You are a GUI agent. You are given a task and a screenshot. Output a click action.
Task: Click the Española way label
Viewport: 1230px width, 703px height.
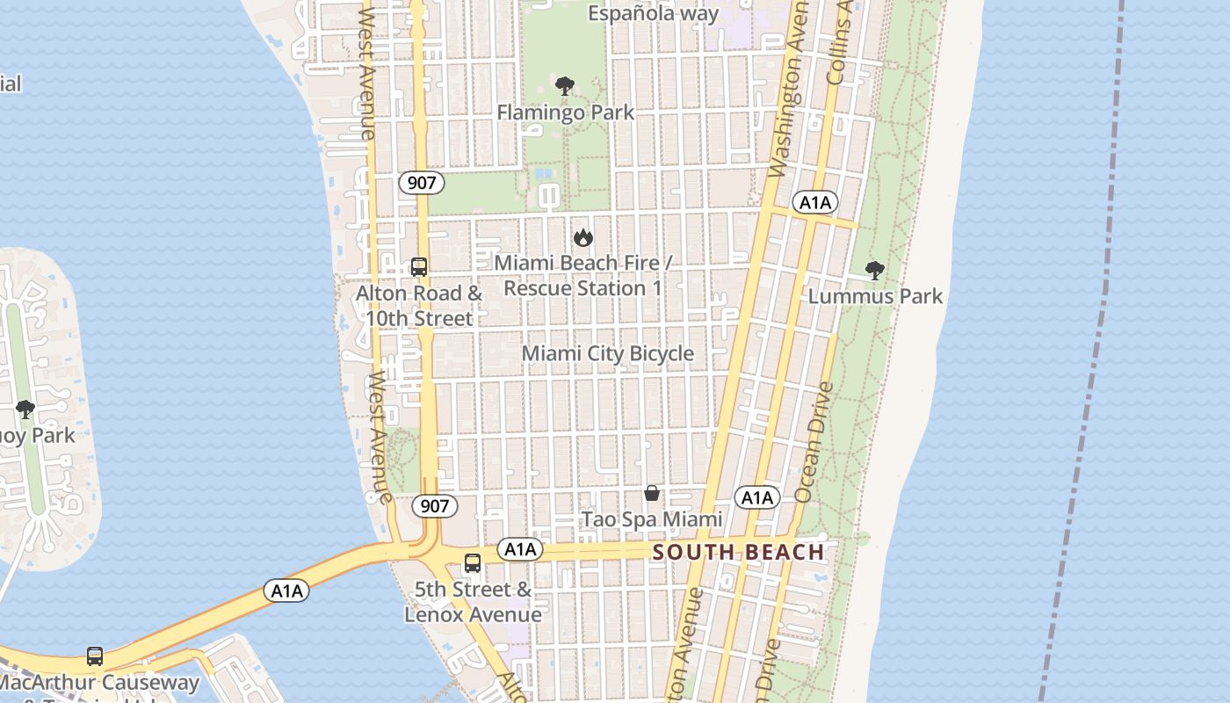653,13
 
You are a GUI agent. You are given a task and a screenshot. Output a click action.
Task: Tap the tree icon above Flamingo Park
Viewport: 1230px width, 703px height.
565,86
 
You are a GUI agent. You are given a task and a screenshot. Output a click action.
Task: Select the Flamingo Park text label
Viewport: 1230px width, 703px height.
565,112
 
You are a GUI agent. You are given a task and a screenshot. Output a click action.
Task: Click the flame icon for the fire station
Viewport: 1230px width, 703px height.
582,237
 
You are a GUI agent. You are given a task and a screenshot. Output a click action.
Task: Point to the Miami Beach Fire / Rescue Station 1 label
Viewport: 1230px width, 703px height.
583,275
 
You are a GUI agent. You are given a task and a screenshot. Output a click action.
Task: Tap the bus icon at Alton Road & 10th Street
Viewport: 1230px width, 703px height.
419,267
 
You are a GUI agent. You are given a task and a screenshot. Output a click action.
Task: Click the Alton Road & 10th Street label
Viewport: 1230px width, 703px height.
419,305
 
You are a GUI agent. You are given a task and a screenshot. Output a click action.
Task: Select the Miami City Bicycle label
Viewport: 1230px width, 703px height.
608,353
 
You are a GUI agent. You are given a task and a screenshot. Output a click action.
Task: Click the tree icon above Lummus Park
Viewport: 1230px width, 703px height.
874,270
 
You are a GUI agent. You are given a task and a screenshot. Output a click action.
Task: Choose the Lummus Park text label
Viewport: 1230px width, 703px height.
875,296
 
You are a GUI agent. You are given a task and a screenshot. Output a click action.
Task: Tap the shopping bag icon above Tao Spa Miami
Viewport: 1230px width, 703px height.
652,493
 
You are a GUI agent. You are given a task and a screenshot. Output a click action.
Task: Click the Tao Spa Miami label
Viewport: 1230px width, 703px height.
652,519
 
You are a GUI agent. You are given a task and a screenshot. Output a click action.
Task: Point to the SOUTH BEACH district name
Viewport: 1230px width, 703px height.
739,553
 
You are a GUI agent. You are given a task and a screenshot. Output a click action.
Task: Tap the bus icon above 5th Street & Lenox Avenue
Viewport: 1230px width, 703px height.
473,563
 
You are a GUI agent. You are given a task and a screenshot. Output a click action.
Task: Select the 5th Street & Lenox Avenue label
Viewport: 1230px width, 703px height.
473,601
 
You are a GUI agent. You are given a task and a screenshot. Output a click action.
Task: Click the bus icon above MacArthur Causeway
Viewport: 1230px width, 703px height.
95,656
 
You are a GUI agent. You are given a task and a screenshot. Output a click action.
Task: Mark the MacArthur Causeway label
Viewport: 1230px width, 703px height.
100,682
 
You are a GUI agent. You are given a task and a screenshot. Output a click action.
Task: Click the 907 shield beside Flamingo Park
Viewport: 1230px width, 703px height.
421,183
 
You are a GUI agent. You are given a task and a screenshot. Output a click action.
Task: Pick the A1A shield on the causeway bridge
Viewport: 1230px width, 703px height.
286,591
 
